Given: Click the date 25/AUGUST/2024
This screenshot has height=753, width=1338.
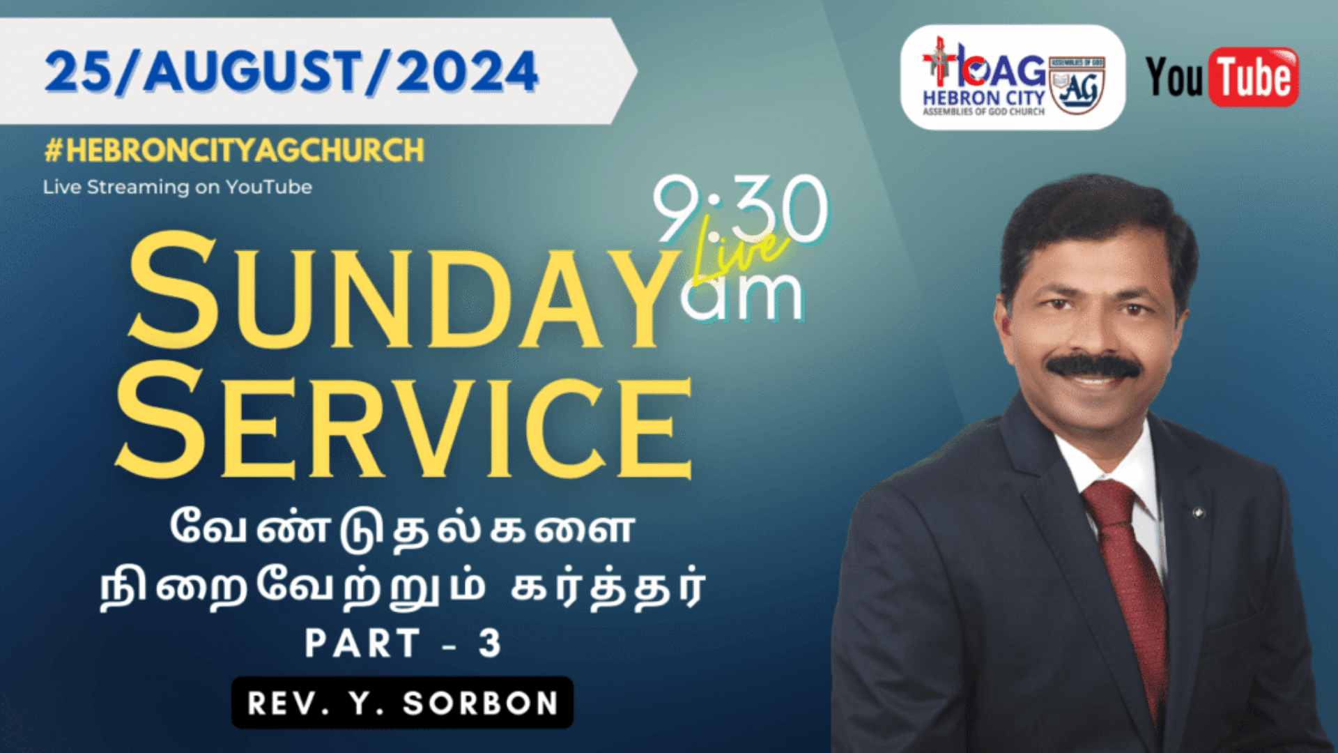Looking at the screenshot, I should [291, 72].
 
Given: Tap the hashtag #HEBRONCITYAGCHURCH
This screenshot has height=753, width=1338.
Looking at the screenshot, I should [234, 151].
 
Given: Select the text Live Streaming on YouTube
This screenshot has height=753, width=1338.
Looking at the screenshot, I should [177, 187].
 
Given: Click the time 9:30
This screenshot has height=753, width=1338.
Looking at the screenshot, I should [740, 209].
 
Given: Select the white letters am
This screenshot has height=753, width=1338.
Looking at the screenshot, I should [741, 296].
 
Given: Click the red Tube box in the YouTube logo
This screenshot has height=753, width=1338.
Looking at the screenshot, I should [1256, 77].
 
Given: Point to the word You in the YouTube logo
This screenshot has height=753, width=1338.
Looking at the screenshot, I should [1174, 77].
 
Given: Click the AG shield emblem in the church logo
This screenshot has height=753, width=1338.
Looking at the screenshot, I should [1077, 85].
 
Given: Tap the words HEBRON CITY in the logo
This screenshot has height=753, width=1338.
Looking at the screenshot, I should [983, 98].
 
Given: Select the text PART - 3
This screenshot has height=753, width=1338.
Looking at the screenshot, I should [403, 643].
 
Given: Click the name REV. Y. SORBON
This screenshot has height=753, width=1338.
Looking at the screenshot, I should [403, 703].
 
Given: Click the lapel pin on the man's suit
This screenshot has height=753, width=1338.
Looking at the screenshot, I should [1199, 513].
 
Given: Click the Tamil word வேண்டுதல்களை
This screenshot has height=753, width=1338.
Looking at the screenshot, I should [403, 528].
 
